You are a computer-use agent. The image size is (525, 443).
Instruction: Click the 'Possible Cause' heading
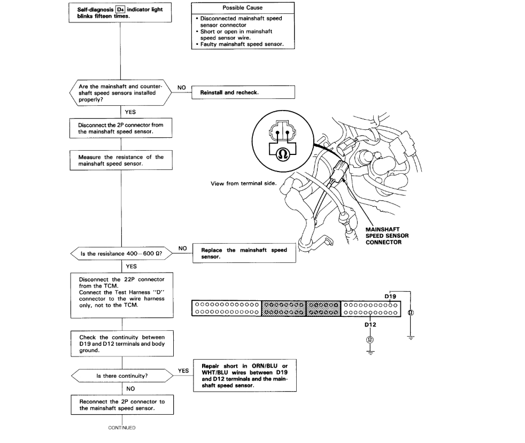pyautogui.click(x=243, y=8)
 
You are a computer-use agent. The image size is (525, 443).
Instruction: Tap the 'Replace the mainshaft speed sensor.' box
pyautogui.click(x=243, y=253)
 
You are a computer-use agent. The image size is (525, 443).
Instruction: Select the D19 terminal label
pyautogui.click(x=391, y=296)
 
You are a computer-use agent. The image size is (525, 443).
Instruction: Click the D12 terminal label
pyautogui.click(x=370, y=324)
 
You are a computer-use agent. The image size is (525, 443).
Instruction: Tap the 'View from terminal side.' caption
pyautogui.click(x=243, y=183)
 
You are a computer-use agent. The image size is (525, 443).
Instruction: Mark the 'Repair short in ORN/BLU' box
pyautogui.click(x=243, y=376)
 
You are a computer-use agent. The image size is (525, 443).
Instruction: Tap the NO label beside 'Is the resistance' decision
pyautogui.click(x=182, y=248)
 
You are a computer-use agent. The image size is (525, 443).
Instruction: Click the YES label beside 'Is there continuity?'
pyautogui.click(x=182, y=370)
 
